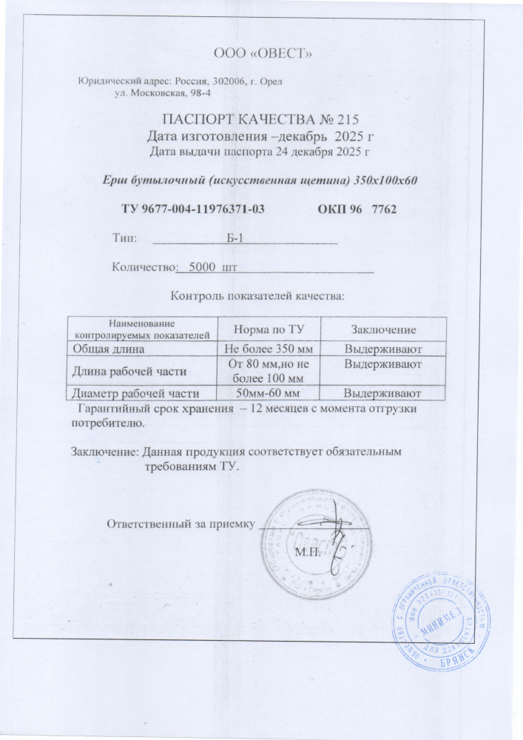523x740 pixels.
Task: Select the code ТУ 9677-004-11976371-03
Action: [193, 209]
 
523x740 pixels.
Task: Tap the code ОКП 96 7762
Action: [358, 209]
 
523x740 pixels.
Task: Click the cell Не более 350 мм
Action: [265, 347]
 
